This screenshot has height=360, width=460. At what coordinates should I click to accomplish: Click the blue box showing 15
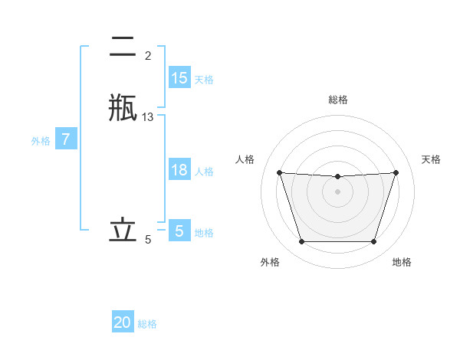tap(179, 78)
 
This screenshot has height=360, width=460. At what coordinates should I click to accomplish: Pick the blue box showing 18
tap(179, 170)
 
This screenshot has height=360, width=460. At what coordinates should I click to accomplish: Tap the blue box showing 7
tap(66, 140)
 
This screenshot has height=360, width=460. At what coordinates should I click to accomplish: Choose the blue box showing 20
tap(123, 322)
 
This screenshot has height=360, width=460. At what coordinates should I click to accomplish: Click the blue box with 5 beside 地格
tap(179, 231)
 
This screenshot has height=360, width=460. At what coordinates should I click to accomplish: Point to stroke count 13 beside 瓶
tap(148, 117)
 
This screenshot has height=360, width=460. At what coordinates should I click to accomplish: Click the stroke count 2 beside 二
tap(148, 55)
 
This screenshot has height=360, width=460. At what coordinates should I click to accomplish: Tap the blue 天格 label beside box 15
tap(204, 80)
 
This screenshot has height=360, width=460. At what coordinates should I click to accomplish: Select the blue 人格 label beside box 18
tap(204, 172)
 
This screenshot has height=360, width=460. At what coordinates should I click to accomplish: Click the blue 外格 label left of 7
tap(41, 141)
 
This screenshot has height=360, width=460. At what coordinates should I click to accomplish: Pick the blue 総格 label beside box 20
tap(147, 324)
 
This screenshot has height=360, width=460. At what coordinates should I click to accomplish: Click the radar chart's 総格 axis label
tap(338, 100)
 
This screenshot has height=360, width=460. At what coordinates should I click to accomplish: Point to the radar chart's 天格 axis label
tap(432, 159)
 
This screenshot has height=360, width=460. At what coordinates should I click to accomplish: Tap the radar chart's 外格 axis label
tap(270, 262)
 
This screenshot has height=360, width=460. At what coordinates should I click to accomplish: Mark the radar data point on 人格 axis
tap(279, 173)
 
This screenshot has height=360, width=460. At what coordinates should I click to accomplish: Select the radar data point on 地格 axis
tap(374, 242)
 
